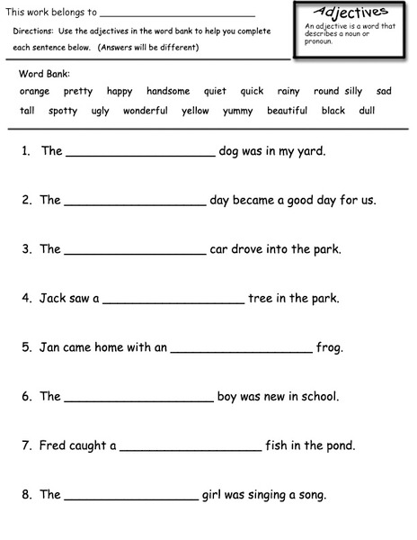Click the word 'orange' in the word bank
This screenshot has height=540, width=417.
pyautogui.click(x=34, y=91)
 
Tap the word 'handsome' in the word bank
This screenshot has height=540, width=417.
pyautogui.click(x=168, y=91)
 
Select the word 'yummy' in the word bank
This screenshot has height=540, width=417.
pyautogui.click(x=237, y=111)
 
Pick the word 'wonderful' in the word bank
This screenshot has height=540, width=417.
pyautogui.click(x=146, y=111)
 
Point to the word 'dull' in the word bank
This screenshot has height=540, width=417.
pyautogui.click(x=367, y=111)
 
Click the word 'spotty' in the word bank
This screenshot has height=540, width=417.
pyautogui.click(x=63, y=111)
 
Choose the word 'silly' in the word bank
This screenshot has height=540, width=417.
pyautogui.click(x=353, y=91)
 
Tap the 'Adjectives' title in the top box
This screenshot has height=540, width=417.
pyautogui.click(x=351, y=13)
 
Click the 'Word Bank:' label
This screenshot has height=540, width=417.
pyautogui.click(x=44, y=73)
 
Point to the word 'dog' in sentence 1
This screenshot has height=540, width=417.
pyautogui.click(x=230, y=151)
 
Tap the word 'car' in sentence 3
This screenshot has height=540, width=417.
pyautogui.click(x=220, y=249)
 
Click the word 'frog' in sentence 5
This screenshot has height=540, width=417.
pyautogui.click(x=330, y=347)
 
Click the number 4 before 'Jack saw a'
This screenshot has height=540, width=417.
pyautogui.click(x=27, y=298)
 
